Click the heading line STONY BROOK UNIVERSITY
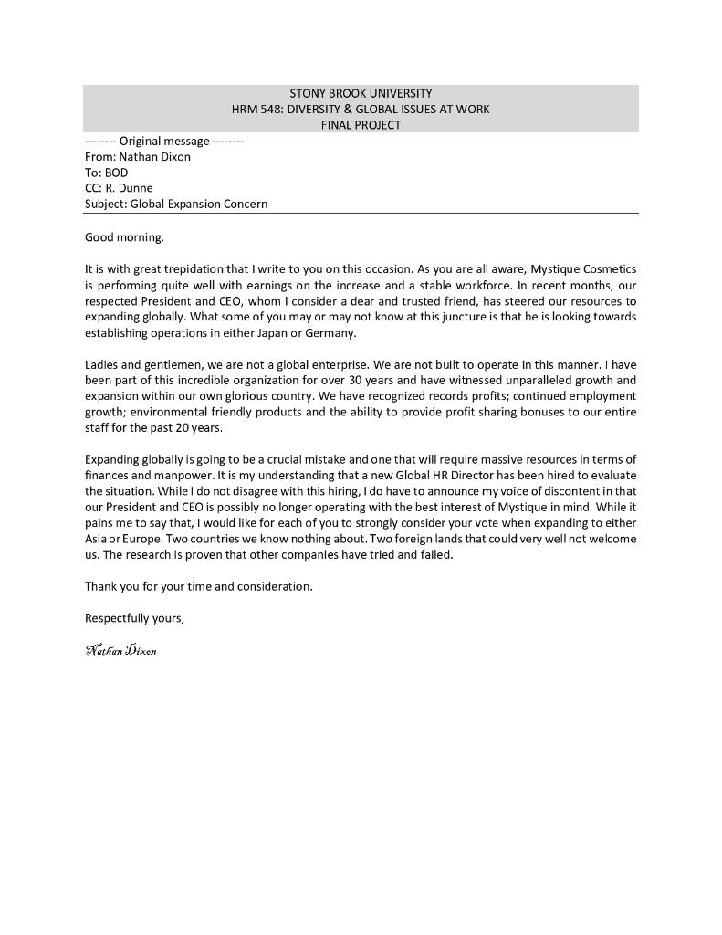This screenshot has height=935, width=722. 361,93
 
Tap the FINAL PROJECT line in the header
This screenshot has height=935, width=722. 361,125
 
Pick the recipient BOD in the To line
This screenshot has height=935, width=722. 117,173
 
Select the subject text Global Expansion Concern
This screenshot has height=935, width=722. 199,204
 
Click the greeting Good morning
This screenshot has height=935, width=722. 124,237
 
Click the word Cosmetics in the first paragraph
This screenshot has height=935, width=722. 610,269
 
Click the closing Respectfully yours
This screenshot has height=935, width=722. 134,618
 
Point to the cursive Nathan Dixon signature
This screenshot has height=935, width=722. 120,651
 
